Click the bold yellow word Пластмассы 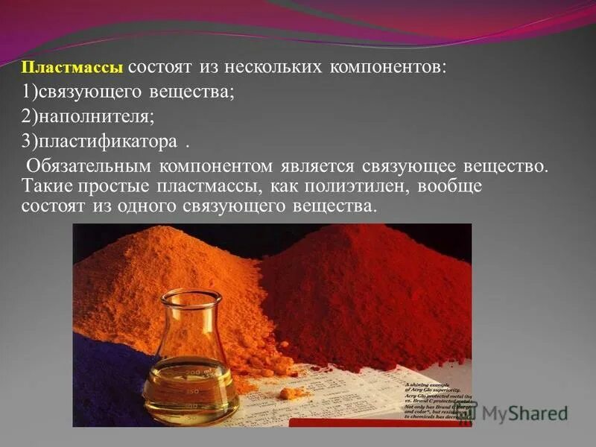click(x=73, y=68)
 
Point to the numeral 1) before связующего click(x=29, y=92)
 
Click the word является click(x=322, y=165)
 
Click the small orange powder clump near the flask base click(x=294, y=393)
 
